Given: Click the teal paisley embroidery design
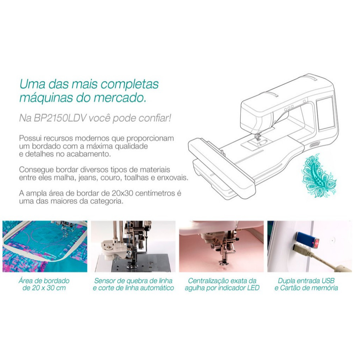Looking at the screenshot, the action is pos(319,176).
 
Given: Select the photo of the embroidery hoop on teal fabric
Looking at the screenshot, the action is pos(45,246).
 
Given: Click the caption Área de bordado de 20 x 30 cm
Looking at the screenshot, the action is pos(44,284).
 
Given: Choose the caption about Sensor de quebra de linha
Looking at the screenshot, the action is pos(133,284).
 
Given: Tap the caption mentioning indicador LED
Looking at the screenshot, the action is pos(222,284).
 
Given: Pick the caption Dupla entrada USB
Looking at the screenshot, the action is pos(306,284).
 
